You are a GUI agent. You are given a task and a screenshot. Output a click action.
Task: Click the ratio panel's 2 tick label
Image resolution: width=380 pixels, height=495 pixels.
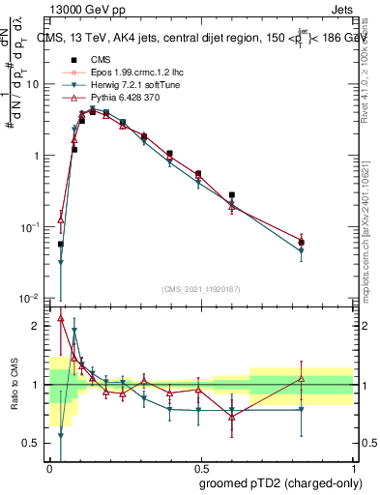pyautogui.click(x=38, y=326)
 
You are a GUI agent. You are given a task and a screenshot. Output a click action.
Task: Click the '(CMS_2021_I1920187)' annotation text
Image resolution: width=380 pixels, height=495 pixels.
pyautogui.click(x=201, y=288)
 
